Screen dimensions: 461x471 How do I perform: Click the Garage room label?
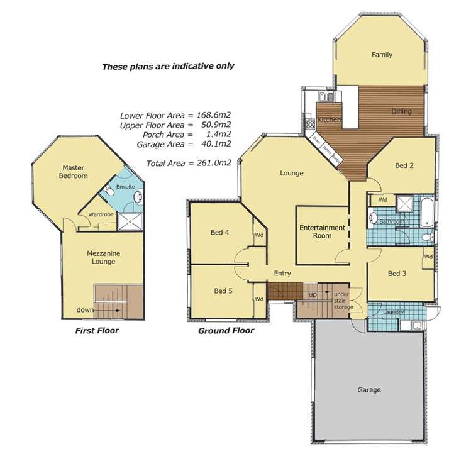point(369,390)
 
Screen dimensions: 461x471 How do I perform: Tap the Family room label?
point(382,55)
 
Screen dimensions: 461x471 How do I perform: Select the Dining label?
point(401,111)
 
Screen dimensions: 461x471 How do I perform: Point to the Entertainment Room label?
point(323,231)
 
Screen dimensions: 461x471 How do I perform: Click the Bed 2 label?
point(404,165)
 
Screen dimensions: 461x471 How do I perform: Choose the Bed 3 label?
point(394,274)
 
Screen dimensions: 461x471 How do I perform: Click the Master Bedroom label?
point(74,172)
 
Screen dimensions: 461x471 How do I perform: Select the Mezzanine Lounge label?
point(101,257)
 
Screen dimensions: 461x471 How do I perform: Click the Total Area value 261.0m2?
point(211,162)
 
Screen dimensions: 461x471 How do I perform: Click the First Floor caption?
point(97,330)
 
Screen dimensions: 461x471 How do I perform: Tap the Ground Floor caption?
point(226,330)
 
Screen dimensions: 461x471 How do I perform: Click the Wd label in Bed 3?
point(428,257)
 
